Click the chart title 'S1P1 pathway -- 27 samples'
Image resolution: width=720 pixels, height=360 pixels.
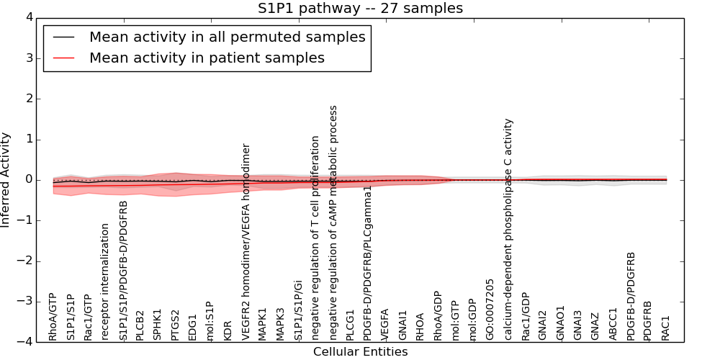click(x=360, y=9)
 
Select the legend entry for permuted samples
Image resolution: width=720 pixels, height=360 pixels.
click(x=227, y=37)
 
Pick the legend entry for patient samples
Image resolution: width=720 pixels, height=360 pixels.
click(x=207, y=58)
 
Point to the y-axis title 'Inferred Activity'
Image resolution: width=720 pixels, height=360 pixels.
click(x=6, y=179)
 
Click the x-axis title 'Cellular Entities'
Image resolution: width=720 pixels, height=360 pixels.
click(x=360, y=352)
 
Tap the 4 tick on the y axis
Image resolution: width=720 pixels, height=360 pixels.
click(x=28, y=17)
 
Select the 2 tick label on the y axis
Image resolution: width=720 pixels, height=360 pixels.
click(x=28, y=99)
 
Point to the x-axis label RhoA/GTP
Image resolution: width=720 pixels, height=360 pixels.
click(x=53, y=317)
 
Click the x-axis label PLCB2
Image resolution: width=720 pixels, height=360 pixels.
click(x=140, y=325)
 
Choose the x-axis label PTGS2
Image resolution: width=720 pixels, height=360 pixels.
click(x=175, y=325)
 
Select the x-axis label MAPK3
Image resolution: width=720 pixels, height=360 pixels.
click(x=280, y=323)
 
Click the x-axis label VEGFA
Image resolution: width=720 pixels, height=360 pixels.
click(x=385, y=324)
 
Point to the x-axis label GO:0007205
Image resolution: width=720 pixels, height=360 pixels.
click(x=490, y=310)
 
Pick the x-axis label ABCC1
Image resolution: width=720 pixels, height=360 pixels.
click(x=613, y=324)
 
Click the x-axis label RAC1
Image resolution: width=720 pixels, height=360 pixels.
click(x=665, y=328)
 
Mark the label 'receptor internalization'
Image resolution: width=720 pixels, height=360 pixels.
click(x=105, y=282)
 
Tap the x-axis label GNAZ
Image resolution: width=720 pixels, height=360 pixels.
click(x=595, y=325)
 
